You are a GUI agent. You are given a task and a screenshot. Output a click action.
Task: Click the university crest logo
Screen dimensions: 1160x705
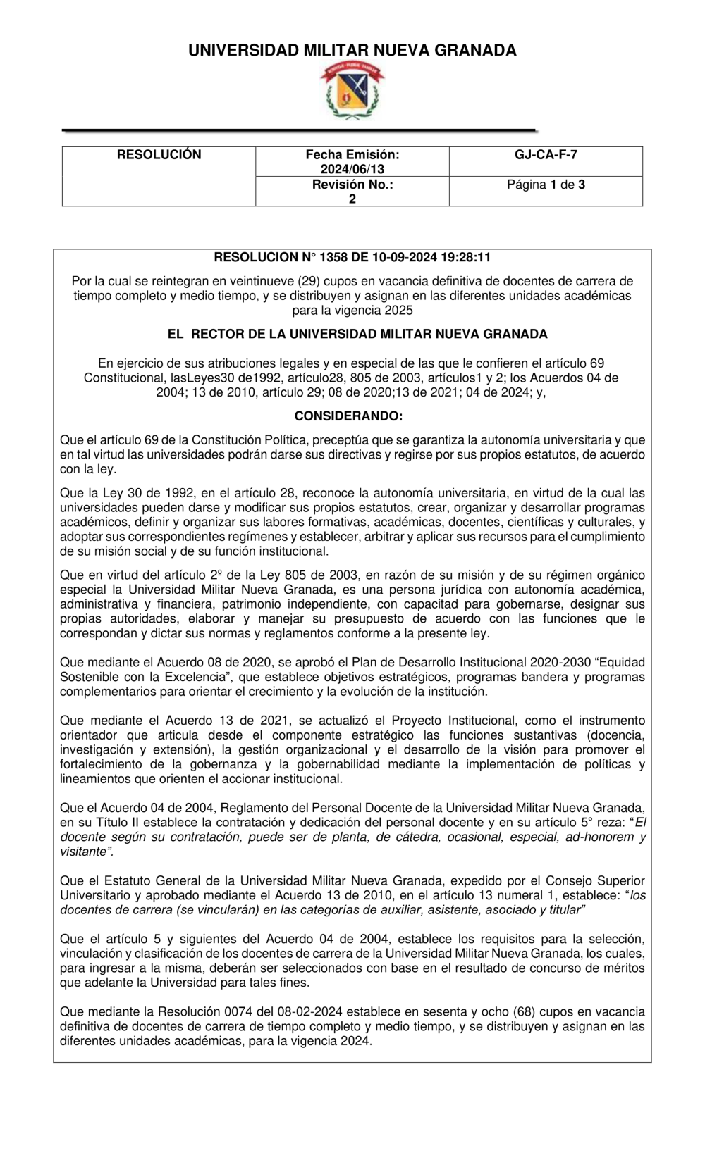(x=352, y=91)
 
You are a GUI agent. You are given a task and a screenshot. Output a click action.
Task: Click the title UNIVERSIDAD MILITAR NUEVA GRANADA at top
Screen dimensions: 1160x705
(x=352, y=50)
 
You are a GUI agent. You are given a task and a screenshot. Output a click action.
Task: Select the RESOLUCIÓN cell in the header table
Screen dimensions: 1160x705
(x=159, y=155)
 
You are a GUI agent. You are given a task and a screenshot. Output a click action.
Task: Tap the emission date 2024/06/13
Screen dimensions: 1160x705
(x=352, y=169)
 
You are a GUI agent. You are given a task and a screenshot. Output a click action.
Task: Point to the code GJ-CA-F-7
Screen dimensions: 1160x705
(x=546, y=155)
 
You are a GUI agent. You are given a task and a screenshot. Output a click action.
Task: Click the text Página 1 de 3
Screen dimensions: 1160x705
(x=546, y=185)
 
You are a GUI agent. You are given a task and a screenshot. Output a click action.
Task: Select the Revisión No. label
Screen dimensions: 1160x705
(x=352, y=185)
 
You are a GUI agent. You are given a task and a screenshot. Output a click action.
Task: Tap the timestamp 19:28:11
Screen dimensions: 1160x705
(x=466, y=258)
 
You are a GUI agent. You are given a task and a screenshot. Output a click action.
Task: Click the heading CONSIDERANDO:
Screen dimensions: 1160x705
(x=348, y=416)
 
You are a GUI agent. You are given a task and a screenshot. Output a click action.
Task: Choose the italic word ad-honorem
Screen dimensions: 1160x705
(x=599, y=837)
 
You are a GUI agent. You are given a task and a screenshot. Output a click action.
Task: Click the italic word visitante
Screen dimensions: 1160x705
(x=85, y=852)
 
